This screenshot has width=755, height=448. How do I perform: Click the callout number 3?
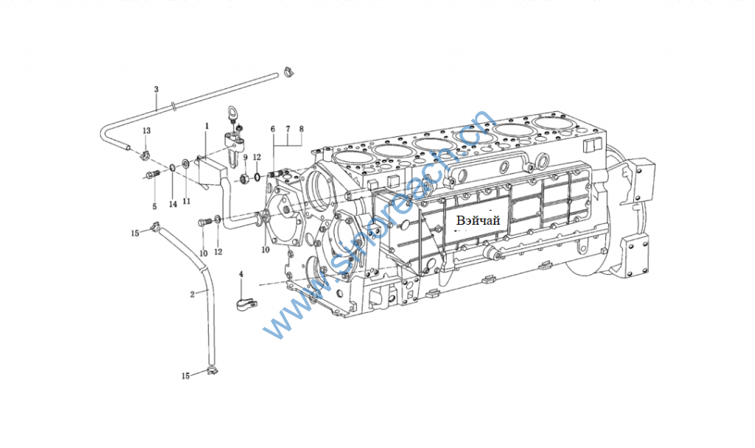point(156,89)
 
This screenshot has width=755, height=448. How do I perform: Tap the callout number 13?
point(147,130)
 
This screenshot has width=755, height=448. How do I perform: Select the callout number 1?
point(208,126)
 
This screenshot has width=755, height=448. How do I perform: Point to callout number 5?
point(155,206)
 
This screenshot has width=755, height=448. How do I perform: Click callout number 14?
point(173,204)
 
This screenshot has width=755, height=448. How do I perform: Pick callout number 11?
point(186,200)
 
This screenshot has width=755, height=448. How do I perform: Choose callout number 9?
point(245,158)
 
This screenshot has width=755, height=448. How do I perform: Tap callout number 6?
point(273,129)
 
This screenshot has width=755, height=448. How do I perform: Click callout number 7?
point(288,129)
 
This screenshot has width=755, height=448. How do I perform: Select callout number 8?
point(301,129)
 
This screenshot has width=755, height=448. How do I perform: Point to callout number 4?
point(240,274)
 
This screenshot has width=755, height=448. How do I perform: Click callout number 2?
point(192,294)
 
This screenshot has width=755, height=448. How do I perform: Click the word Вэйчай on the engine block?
point(478,220)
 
